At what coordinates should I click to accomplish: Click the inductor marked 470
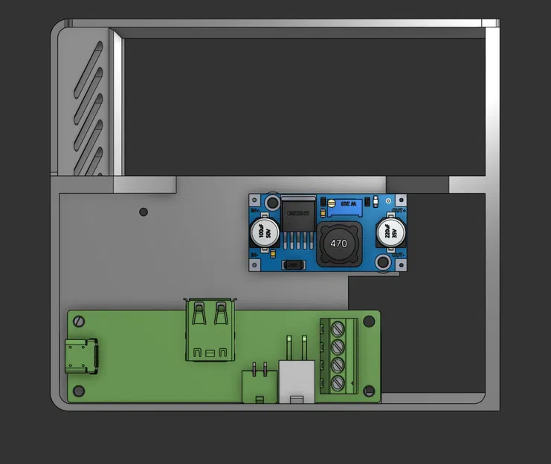[338, 244]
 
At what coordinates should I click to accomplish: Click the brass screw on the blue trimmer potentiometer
[331, 202]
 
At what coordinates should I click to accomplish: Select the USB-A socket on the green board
[210, 330]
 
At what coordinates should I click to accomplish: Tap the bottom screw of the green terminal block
[336, 383]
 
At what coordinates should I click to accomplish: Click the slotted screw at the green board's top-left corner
[78, 321]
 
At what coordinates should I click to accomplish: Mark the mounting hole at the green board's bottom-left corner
[78, 390]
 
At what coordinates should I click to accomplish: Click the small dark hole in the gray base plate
[144, 212]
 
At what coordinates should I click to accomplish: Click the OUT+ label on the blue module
[399, 211]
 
